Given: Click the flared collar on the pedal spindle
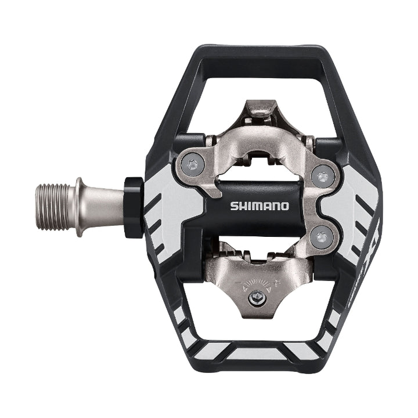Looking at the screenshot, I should pos(81,207).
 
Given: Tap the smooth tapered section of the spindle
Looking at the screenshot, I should pos(105,207).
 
